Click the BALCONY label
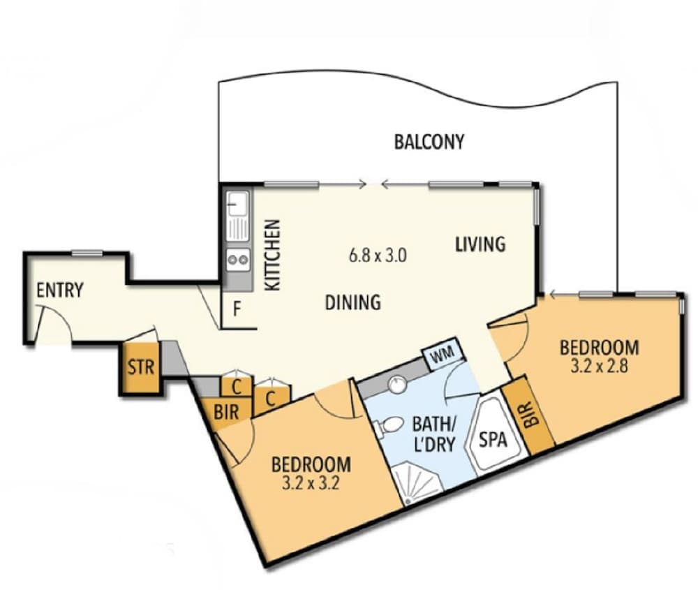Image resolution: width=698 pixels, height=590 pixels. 429,142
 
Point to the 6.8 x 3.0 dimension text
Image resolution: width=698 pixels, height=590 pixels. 378,255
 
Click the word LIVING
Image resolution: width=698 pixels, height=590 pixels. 480,244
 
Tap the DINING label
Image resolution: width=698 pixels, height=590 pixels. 353,302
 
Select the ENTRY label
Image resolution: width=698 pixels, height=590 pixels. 60,290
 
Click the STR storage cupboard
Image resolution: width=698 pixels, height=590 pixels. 140,367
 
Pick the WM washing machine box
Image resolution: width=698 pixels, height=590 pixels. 440,356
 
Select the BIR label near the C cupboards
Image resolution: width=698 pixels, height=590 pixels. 226,412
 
